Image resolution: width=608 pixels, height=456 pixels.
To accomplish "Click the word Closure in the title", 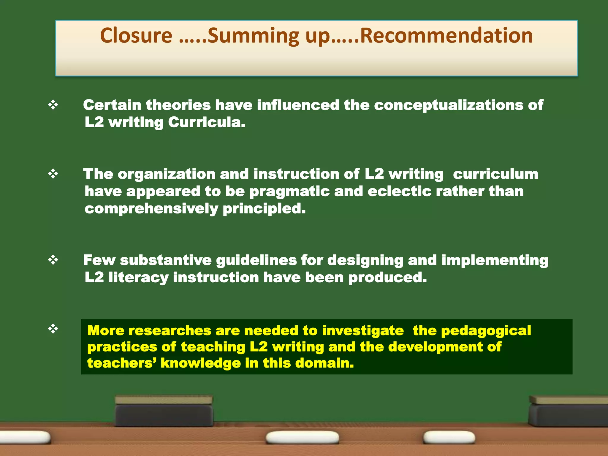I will [136, 36].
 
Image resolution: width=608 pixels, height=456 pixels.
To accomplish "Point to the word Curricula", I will [207, 122].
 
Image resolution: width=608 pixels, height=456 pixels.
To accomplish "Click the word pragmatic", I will [289, 191].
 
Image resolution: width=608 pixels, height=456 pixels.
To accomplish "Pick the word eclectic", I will [400, 191].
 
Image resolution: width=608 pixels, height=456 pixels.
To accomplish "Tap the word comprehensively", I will [151, 209].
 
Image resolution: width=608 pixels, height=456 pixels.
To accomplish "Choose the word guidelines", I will [256, 260].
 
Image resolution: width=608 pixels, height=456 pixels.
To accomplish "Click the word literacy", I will [138, 278].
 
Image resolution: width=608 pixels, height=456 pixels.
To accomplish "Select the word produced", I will [387, 278].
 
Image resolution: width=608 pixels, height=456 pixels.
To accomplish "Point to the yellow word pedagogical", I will [486, 331].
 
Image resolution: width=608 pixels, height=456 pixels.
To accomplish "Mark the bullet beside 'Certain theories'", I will [53, 105].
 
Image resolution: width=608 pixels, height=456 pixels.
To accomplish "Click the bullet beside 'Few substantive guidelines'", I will [53, 260].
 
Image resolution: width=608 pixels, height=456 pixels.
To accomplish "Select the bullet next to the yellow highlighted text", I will [53, 329].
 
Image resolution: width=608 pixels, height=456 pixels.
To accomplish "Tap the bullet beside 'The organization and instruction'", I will [53, 174].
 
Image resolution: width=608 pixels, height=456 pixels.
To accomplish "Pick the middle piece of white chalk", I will [302, 437].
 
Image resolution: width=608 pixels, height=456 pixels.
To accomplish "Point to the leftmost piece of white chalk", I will [25, 437].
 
